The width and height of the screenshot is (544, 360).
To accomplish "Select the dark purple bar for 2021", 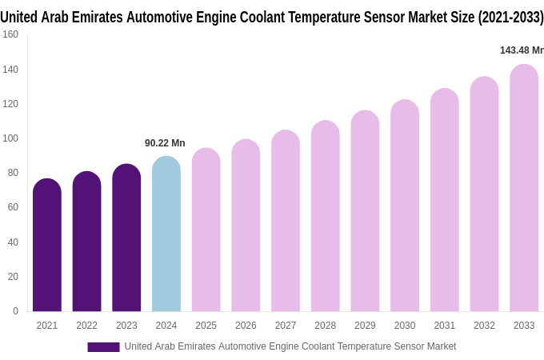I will pyautogui.click(x=47, y=246).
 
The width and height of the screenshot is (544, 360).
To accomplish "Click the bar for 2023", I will pyautogui.click(x=126, y=238).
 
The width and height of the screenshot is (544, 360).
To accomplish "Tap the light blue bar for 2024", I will pyautogui.click(x=166, y=234).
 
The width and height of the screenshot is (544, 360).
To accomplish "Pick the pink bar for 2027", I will pyautogui.click(x=286, y=222).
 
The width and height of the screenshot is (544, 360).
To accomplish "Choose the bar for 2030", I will pyautogui.click(x=405, y=206).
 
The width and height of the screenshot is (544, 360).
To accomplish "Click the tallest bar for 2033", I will pyautogui.click(x=524, y=189).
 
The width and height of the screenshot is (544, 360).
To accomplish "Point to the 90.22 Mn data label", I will pyautogui.click(x=165, y=143).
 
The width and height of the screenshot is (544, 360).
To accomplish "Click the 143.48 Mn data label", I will pyautogui.click(x=522, y=50).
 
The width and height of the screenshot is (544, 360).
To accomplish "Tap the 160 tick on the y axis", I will pyautogui.click(x=10, y=34).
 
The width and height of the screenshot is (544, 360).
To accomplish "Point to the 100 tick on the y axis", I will pyautogui.click(x=10, y=138).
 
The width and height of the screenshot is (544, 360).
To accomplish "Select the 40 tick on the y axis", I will pyautogui.click(x=12, y=242).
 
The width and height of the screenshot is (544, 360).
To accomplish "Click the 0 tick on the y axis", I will pyautogui.click(x=15, y=311).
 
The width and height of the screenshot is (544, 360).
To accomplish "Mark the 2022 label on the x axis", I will pyautogui.click(x=86, y=326).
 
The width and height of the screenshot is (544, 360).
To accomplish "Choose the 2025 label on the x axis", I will pyautogui.click(x=206, y=326).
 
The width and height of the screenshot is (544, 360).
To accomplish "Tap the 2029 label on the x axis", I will pyautogui.click(x=365, y=326).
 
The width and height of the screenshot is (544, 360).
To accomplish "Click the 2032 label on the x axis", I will pyautogui.click(x=484, y=326).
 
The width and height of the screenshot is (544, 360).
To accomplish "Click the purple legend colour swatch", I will pyautogui.click(x=103, y=347).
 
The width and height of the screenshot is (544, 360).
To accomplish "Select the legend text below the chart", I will pyautogui.click(x=290, y=346).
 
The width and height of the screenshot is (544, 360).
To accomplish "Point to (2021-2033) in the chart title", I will pyautogui.click(x=510, y=18).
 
